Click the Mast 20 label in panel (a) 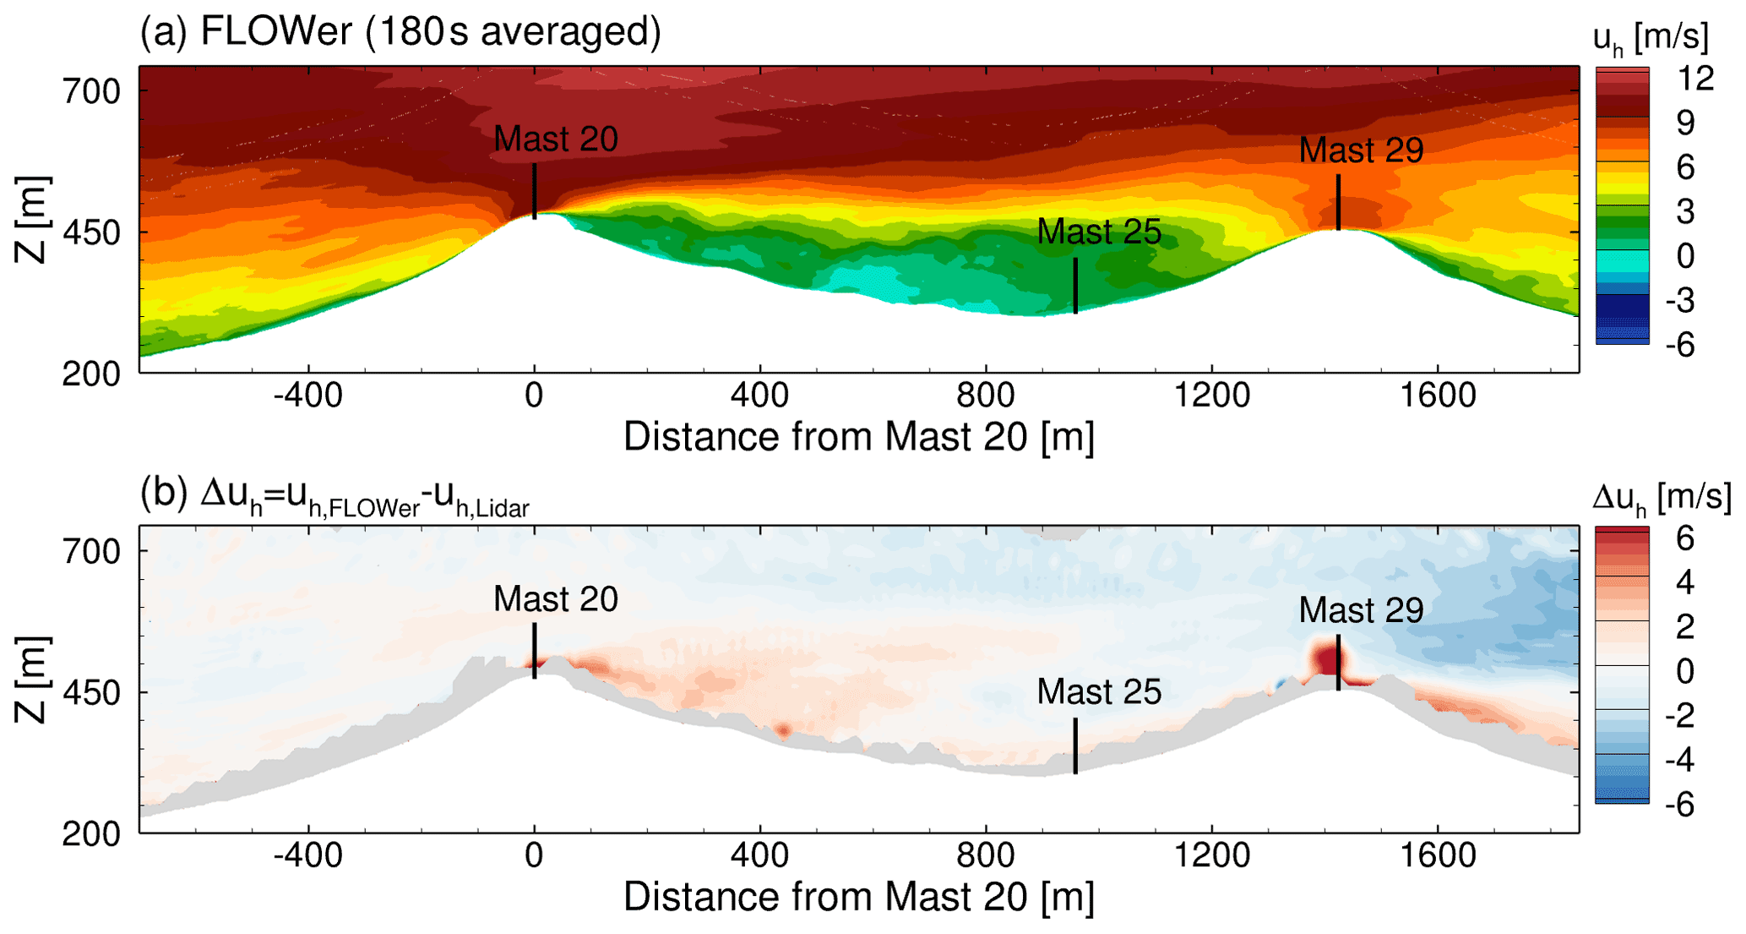tap(555, 139)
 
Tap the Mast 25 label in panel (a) tap(1098, 232)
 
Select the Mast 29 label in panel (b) tap(1360, 609)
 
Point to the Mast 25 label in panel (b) tap(1098, 691)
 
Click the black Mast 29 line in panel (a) tap(1338, 202)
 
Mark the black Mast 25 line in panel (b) tap(1075, 746)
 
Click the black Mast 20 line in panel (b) tap(535, 651)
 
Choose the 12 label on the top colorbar tap(1694, 79)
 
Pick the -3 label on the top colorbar tap(1684, 300)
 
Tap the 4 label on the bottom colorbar tap(1684, 582)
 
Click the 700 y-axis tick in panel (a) tap(92, 90)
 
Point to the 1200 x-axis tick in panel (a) tap(1211, 395)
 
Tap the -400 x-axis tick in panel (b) tap(308, 855)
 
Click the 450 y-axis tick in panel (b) tap(92, 692)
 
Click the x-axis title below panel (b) tap(858, 897)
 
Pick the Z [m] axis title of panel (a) tap(32, 220)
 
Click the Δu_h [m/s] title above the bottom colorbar tap(1661, 498)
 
